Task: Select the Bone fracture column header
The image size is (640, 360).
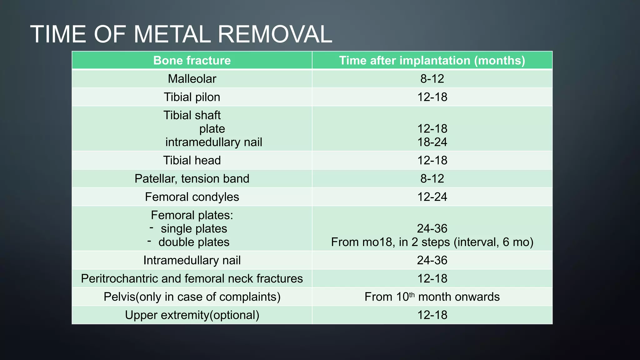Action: [x=192, y=60]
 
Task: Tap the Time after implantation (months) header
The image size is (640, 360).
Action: [x=432, y=60]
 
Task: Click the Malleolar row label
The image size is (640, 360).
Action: [x=192, y=79]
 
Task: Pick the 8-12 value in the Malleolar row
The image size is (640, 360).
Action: [x=432, y=79]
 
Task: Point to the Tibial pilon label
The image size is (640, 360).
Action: [x=192, y=97]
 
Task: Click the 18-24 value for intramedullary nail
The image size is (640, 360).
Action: [x=432, y=142]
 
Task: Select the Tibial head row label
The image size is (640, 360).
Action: [x=192, y=160]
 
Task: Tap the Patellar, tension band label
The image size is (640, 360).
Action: [x=192, y=179]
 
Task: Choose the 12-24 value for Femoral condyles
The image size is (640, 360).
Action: [x=432, y=197]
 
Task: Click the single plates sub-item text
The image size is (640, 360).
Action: [x=194, y=229]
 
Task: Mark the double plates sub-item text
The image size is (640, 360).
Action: [x=194, y=242]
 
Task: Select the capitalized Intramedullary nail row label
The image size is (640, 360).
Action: [x=192, y=260]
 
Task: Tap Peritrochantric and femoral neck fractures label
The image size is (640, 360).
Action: [x=192, y=278]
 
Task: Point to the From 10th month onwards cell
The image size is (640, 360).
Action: [x=432, y=297]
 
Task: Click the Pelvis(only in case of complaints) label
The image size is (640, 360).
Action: [x=192, y=297]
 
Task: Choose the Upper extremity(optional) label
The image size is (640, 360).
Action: [x=192, y=315]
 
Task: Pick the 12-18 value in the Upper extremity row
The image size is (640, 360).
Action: [x=432, y=315]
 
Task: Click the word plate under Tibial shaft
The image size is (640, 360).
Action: [x=212, y=129]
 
